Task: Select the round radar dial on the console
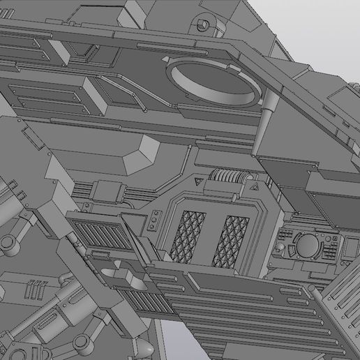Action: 307,244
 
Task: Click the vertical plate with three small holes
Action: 150,223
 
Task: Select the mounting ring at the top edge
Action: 204,22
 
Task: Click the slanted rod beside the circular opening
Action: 262,126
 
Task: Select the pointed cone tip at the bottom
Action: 144,347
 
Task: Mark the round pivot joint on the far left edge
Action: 8,243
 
